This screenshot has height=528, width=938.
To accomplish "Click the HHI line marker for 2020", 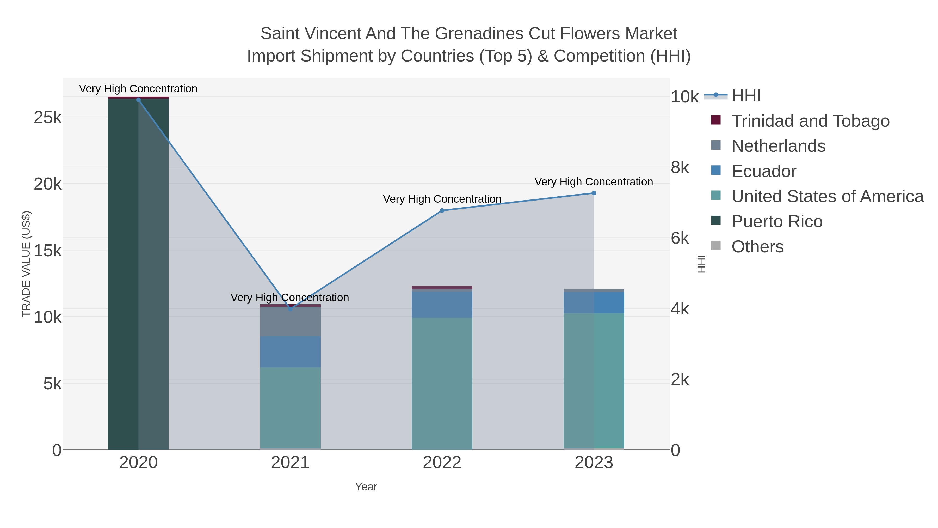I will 138,100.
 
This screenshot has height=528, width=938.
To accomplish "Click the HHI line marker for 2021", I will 290,309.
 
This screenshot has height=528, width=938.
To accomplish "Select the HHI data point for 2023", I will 594,193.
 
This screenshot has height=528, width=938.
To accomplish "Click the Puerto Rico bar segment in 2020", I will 138,273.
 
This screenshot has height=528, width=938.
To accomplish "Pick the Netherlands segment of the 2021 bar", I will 290,321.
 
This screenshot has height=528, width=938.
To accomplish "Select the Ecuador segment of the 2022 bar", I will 442,304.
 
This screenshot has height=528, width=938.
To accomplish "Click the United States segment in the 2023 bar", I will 594,381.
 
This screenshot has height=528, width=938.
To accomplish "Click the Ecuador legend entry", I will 764,171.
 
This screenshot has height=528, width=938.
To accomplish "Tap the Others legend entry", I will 757,247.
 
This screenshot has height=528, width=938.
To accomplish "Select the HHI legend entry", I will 746,96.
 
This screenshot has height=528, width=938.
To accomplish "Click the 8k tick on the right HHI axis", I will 680,168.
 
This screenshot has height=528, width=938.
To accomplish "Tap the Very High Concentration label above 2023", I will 594,182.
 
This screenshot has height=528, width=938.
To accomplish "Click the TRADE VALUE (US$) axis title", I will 26,264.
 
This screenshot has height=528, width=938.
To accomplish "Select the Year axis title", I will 366,487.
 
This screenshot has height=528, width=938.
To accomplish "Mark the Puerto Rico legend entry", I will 777,222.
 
